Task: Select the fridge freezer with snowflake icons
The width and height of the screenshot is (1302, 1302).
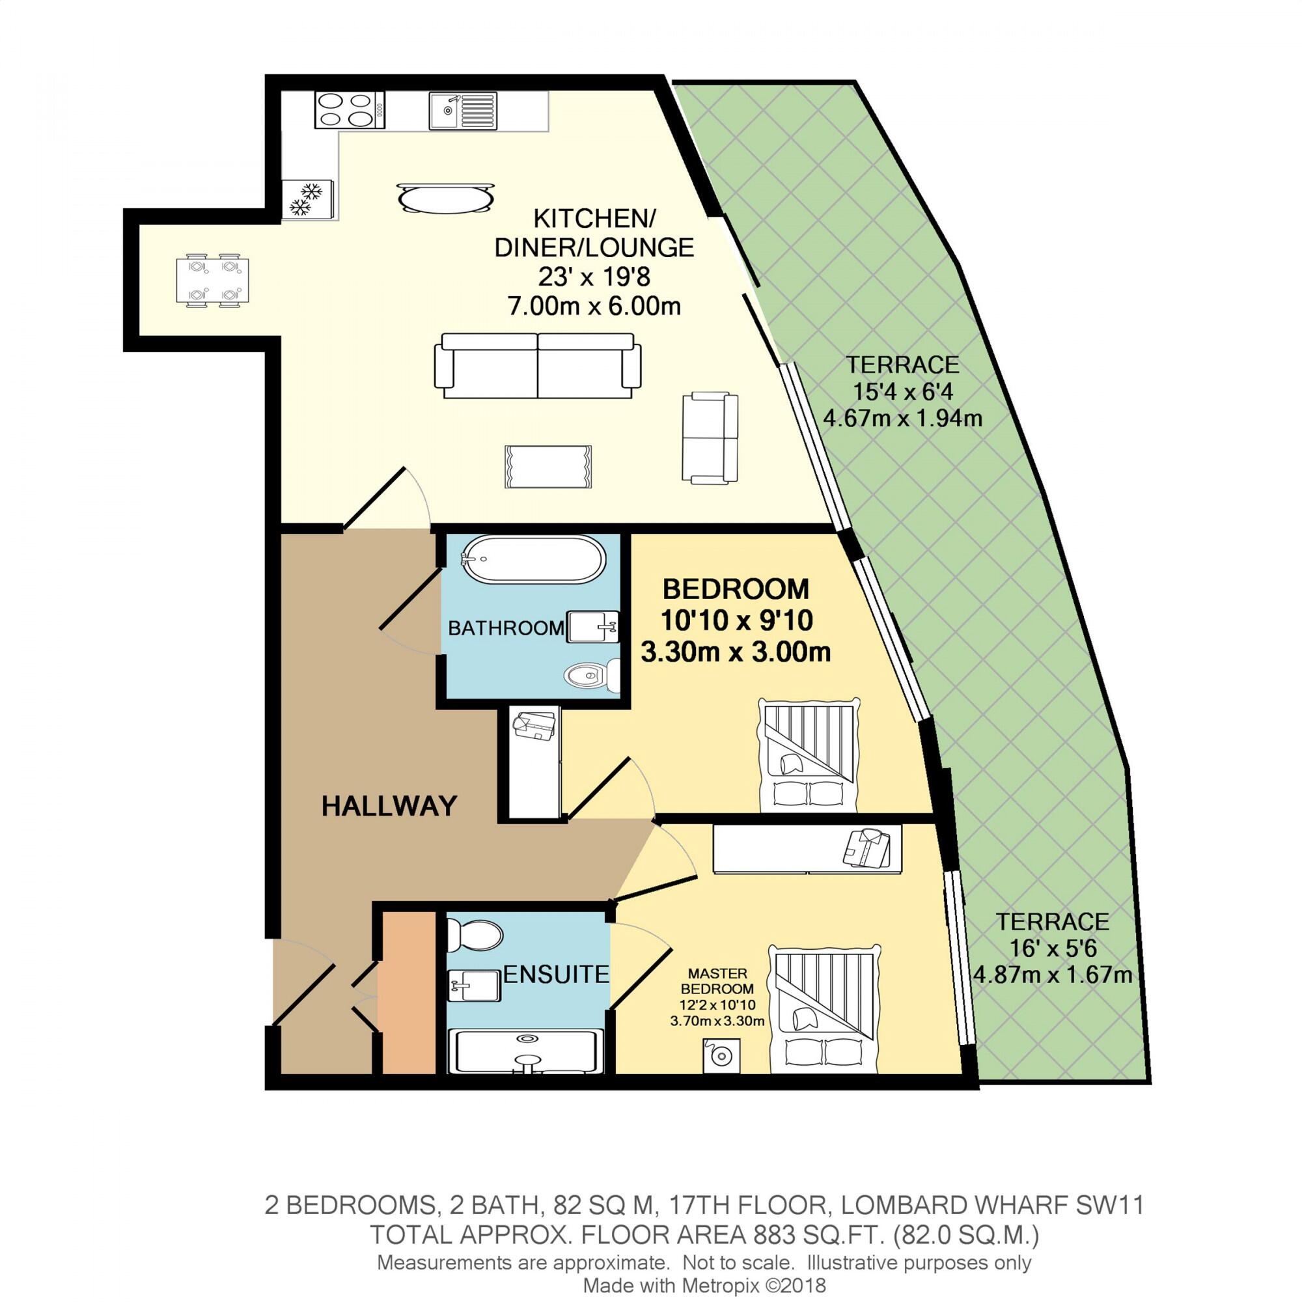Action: (x=308, y=199)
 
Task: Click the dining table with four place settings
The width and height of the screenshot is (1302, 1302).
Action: (x=212, y=281)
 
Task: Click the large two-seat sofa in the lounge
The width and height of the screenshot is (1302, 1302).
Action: (x=537, y=366)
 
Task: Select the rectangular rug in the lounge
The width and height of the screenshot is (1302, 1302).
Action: (x=548, y=466)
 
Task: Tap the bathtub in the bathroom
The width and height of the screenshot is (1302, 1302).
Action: (x=533, y=559)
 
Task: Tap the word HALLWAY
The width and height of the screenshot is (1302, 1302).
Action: (x=389, y=806)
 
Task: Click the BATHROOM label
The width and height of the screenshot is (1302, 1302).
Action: (x=505, y=628)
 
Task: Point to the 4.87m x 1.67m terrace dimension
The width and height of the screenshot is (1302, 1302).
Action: (x=1053, y=975)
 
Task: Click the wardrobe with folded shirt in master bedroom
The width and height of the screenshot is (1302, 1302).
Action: (x=807, y=849)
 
